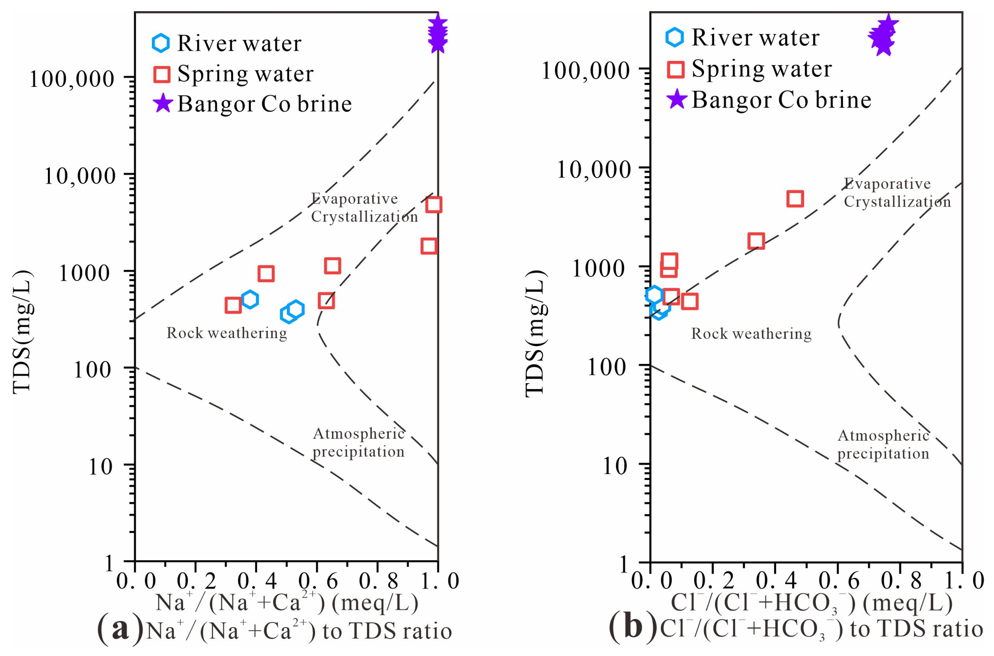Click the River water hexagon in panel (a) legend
(161, 43)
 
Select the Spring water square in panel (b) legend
(675, 70)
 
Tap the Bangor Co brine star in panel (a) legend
(162, 104)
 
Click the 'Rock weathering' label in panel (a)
(226, 333)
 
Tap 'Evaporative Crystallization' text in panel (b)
(897, 193)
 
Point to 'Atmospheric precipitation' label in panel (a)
(359, 443)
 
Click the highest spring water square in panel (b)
(795, 199)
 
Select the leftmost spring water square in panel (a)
(233, 306)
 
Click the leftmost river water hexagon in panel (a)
(250, 299)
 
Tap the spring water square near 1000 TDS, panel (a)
(266, 274)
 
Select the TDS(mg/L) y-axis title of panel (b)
(535, 333)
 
